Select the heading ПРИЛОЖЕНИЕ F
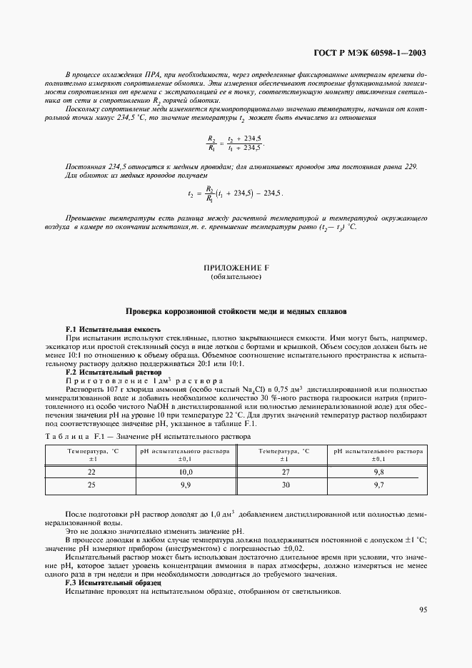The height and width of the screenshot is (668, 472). coord(236,268)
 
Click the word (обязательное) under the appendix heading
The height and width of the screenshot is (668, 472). coord(236,276)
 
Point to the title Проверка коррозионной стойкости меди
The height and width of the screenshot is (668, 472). coord(236,312)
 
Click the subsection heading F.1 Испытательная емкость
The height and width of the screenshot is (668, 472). coord(113,328)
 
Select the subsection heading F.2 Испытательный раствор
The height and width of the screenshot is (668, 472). coord(113,373)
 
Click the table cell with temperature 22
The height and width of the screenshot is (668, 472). coord(92,472)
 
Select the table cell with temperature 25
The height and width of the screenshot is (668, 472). coord(92,485)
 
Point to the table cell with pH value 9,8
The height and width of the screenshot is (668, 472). coord(378,472)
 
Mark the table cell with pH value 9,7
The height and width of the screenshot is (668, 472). coord(378,485)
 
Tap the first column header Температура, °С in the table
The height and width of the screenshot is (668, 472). coord(92,455)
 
